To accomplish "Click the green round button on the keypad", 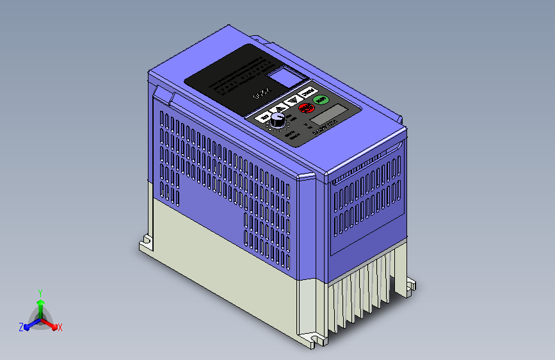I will (322, 99).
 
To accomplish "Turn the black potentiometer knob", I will (278, 119).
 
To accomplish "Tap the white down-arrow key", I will (294, 99).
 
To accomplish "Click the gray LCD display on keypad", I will (326, 117).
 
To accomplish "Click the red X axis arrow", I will (52, 324).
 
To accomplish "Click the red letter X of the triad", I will (60, 327).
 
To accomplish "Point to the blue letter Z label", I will (21, 327).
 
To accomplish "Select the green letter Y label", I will (40, 291).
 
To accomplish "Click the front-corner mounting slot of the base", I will (317, 338).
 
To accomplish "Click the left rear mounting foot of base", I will (147, 244).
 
